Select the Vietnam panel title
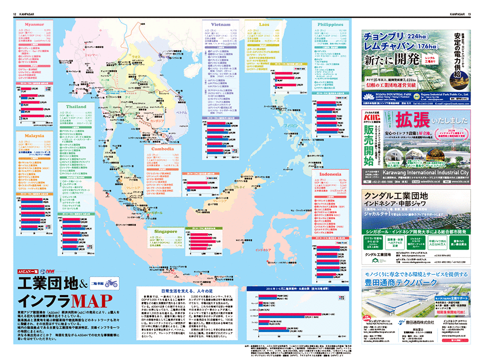[220, 24]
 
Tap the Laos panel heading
[264, 24]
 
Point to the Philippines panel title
[330, 24]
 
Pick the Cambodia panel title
[162, 149]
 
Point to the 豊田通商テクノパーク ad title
[414, 284]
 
